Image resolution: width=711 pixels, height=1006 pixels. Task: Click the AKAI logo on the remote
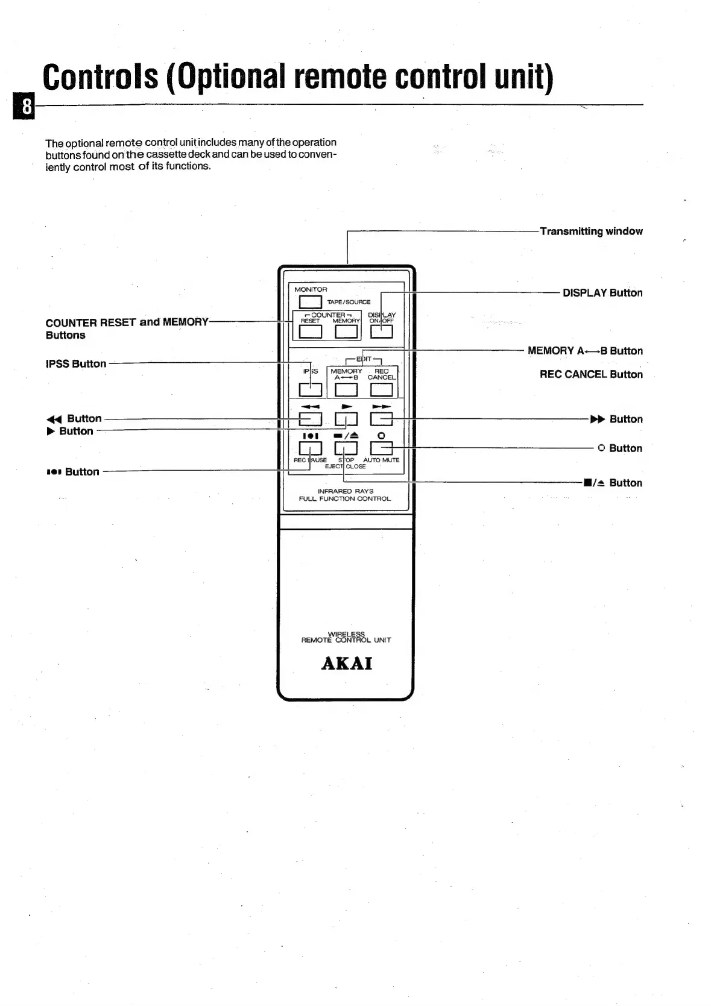point(346,664)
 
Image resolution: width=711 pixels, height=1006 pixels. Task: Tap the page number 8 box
point(26,107)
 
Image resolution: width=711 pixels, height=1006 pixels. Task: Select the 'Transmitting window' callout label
point(591,231)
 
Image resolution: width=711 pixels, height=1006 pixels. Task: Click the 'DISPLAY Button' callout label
point(602,293)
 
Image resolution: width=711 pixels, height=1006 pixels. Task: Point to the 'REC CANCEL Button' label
point(590,374)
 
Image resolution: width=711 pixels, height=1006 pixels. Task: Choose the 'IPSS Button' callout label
point(76,364)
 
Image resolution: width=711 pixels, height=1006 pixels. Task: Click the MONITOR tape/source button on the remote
point(310,301)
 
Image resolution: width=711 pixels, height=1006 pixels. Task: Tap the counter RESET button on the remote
point(310,332)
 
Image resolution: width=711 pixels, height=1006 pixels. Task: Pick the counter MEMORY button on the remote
point(346,332)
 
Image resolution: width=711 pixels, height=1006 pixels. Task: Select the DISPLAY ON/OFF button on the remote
point(381,332)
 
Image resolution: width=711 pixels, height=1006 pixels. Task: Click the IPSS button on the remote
point(310,389)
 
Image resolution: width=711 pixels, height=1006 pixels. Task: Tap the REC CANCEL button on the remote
point(381,389)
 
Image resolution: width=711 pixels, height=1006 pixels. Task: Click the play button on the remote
point(346,419)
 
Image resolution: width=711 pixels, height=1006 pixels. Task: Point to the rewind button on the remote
point(310,419)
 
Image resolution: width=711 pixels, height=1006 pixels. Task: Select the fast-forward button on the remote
point(381,419)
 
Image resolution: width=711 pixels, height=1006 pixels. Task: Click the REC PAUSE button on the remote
point(310,448)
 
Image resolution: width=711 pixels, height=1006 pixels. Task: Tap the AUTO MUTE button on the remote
point(381,448)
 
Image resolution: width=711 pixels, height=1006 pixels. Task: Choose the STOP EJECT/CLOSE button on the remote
point(346,448)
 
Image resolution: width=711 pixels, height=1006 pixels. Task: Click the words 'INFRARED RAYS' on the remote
point(345,491)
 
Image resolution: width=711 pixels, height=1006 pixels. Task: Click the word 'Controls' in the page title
point(101,77)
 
